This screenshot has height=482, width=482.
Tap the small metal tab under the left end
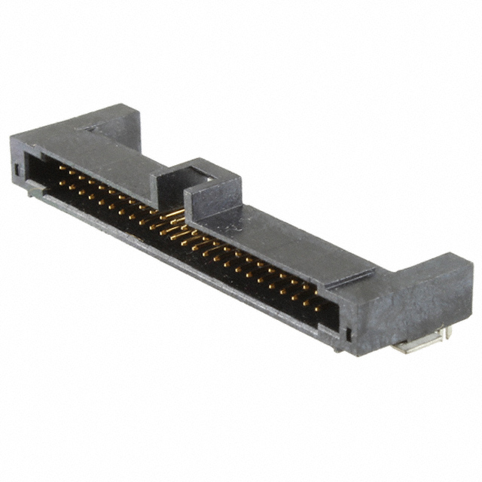coord(34,193)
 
